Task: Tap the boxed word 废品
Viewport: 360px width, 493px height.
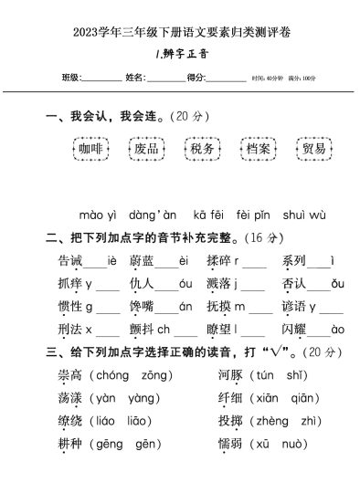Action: point(146,149)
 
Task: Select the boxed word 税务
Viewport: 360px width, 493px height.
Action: point(203,149)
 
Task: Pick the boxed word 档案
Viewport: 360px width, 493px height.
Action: point(259,149)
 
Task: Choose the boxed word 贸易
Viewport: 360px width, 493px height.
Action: point(314,149)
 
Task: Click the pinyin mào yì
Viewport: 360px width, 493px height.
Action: point(97,215)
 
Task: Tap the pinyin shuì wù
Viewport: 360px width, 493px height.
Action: point(305,215)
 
